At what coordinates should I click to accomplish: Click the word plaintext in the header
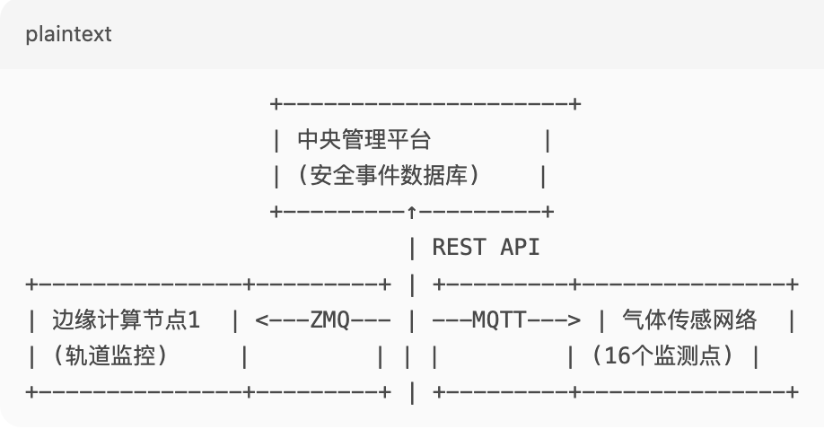coord(68,34)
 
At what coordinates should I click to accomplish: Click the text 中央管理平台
coord(364,140)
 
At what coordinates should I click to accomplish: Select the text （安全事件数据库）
coord(387,176)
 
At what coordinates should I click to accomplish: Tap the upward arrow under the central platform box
coord(411,212)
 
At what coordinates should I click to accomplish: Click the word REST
coord(458,247)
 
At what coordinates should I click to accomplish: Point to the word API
coord(520,247)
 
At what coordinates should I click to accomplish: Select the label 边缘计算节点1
coord(126,320)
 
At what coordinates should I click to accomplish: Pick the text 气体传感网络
coord(688,320)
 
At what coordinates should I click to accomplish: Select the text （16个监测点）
coord(664,355)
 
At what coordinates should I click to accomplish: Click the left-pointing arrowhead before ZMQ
coord(261,320)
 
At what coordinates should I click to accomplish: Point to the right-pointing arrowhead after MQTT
coord(574,320)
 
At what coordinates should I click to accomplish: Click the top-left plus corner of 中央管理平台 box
coord(276,104)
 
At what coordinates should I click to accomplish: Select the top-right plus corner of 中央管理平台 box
coord(574,104)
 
